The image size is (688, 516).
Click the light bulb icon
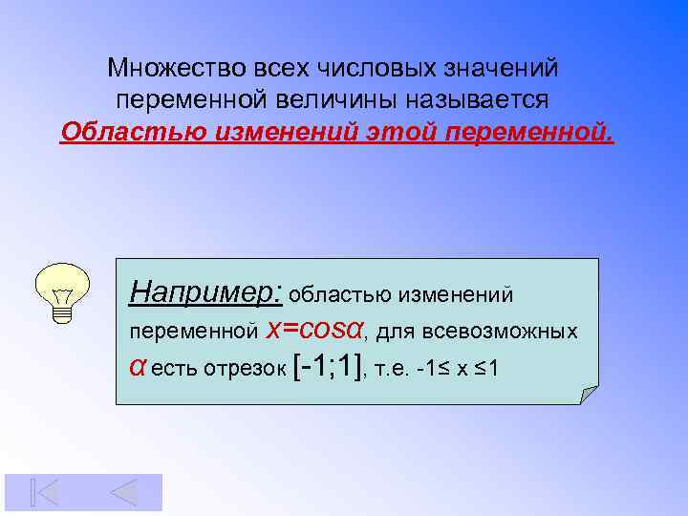(x=63, y=292)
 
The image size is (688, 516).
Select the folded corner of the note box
(x=588, y=395)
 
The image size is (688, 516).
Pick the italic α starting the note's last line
(x=137, y=369)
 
